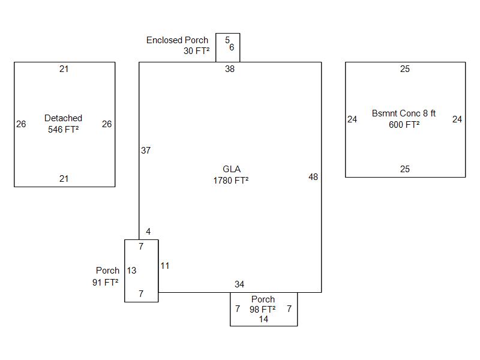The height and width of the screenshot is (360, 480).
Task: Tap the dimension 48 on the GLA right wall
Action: pos(313,177)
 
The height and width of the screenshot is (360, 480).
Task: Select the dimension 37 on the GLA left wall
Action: pos(146,151)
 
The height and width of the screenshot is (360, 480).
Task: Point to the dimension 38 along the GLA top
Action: pos(230,69)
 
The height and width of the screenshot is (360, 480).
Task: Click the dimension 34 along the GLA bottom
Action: pos(239,284)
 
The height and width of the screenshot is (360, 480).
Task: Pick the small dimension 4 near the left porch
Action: pos(148,232)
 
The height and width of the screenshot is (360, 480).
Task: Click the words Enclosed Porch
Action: pos(178,40)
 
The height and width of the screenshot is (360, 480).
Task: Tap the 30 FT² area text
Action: pos(197,51)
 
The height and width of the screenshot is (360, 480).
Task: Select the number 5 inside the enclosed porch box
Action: pos(227,40)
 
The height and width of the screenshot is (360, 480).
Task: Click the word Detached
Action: pos(63,118)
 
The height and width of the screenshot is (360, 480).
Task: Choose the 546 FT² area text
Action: pos(64,129)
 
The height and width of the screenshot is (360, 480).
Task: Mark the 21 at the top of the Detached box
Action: pos(64,69)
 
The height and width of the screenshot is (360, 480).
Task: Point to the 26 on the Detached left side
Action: pos(21,124)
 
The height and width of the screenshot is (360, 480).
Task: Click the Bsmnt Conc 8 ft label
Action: pos(404,113)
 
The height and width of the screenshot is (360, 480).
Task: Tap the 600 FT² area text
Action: pos(404,124)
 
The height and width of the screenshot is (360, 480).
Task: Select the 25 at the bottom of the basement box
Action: pos(405,169)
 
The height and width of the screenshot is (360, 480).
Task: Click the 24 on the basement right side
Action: pos(457,119)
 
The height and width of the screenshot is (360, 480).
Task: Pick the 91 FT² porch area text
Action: pos(105,282)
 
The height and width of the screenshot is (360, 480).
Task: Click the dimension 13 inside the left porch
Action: pos(131,271)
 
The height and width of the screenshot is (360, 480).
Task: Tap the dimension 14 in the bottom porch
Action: pos(263,319)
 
